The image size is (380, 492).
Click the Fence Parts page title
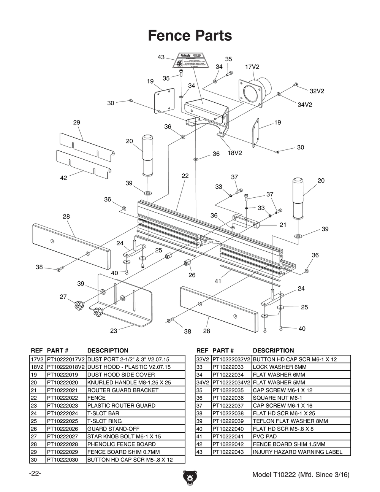190,36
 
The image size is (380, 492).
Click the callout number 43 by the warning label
161,57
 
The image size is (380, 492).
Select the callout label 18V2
234,153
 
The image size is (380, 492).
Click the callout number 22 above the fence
185,176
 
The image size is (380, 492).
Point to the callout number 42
63,178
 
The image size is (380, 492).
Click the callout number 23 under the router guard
114,331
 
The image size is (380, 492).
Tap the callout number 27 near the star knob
63,297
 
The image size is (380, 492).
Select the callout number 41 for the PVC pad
218,281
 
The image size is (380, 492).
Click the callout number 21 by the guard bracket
283,225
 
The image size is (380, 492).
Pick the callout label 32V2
317,91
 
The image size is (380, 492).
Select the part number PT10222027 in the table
62,436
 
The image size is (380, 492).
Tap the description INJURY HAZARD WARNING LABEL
298,452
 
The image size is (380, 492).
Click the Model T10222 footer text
301,475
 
